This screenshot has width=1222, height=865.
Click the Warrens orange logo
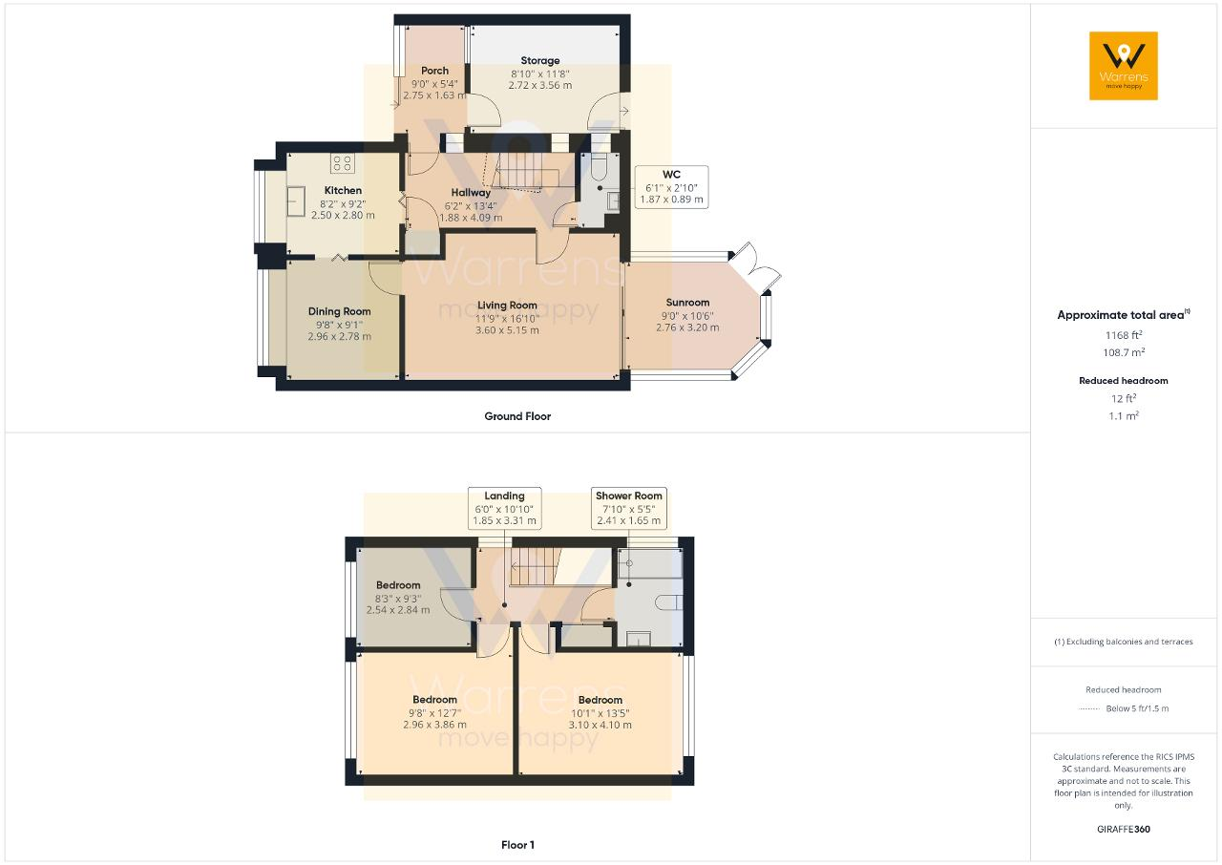coord(1124,66)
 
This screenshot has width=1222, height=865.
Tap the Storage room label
coord(539,60)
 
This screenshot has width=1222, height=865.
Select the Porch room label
coord(434,71)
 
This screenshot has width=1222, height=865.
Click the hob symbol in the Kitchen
coord(342,163)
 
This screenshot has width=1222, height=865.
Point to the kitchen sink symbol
coord(296,200)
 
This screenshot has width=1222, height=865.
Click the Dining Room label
coord(339,311)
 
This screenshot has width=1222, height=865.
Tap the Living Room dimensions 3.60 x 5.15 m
coord(507,330)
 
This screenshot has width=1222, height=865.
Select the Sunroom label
coord(687,302)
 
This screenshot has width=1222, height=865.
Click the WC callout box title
coord(671,175)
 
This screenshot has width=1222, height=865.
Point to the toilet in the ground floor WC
coord(599,167)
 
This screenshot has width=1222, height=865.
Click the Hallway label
coord(471,193)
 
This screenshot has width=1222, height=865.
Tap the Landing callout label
coord(504,496)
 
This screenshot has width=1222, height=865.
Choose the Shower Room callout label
coord(628,496)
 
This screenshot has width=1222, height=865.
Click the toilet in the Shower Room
coord(668,602)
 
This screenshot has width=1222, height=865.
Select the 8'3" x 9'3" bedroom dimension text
coord(398,599)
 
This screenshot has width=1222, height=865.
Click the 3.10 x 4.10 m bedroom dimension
coord(600,725)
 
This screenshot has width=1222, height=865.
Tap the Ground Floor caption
coord(517,416)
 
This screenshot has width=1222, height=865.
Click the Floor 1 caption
coord(517,845)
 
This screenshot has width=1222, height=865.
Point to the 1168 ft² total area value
coord(1124,335)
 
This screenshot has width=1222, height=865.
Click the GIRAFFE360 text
coord(1124,829)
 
